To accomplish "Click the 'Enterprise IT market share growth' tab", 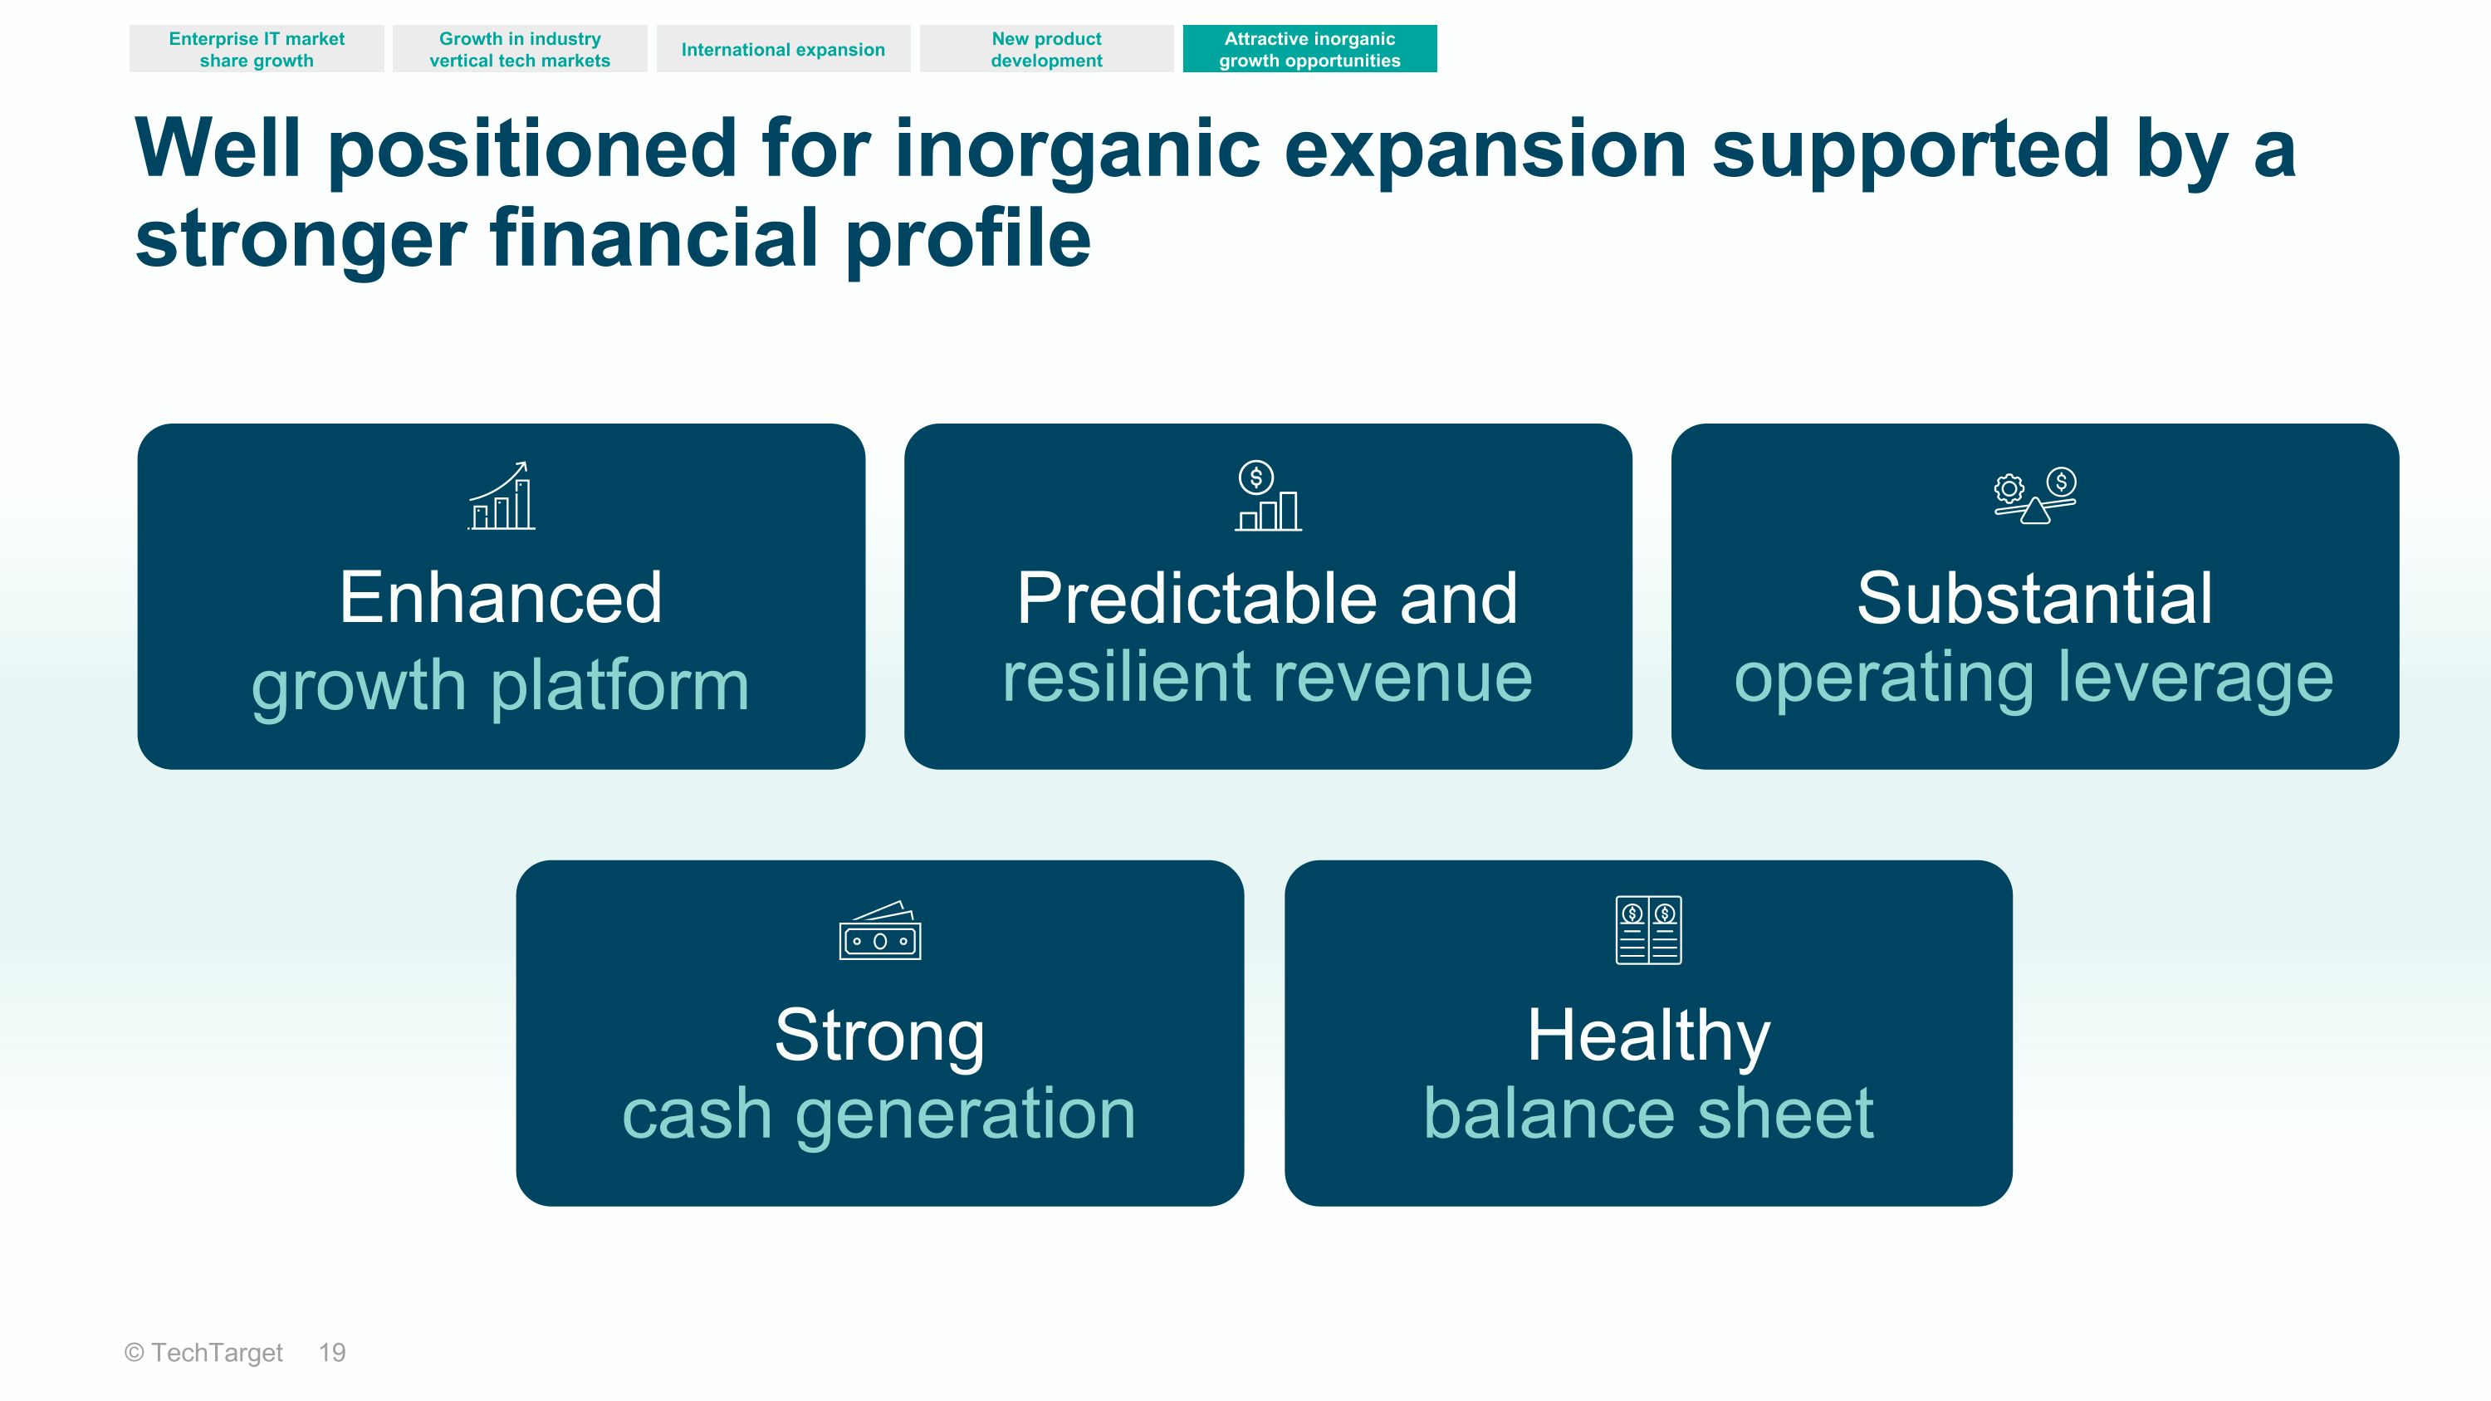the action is [x=257, y=49].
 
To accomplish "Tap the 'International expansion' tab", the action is [x=783, y=49].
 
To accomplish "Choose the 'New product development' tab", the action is [x=1046, y=49].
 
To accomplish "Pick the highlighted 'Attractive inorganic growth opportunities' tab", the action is [x=1309, y=49].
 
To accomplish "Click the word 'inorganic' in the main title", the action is [x=1077, y=149].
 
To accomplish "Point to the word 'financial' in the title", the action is [x=654, y=239].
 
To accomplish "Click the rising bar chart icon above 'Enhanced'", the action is [x=501, y=496].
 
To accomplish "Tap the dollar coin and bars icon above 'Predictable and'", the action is [x=1268, y=496].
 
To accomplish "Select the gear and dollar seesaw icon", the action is [x=2034, y=496].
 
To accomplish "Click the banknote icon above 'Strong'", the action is [x=880, y=931].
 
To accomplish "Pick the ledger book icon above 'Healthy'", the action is [x=1649, y=930].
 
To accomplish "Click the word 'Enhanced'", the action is [x=501, y=599].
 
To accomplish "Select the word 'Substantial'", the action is [x=2034, y=599].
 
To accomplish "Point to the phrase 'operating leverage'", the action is [x=2034, y=678].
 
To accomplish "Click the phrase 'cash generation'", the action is [x=879, y=1114].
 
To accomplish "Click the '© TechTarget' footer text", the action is [x=204, y=1353].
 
